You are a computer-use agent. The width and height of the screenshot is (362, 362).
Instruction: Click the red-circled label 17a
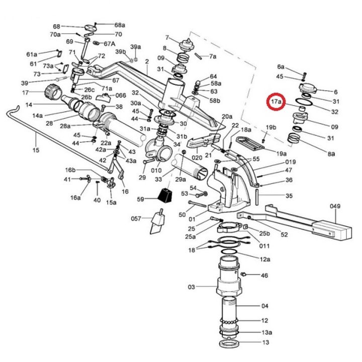click(x=276, y=102)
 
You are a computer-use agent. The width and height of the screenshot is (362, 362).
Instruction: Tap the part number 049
click(x=335, y=206)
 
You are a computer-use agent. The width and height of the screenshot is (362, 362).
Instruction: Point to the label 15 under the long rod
click(x=36, y=150)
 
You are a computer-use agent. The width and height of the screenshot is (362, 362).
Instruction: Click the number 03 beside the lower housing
click(x=192, y=287)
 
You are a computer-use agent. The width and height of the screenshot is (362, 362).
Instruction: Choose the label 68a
click(x=120, y=25)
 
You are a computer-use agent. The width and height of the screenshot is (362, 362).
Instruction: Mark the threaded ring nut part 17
click(x=53, y=92)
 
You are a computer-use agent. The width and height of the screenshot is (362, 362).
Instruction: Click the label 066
click(x=121, y=96)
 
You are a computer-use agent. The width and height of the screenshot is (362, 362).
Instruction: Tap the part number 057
click(x=136, y=218)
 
